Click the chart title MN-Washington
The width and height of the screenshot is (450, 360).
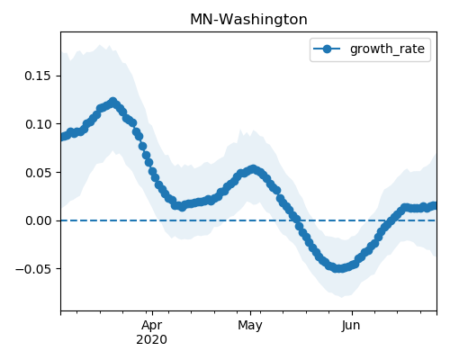tap(248, 20)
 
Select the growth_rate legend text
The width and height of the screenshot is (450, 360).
tap(387, 49)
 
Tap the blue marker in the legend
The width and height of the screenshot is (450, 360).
tap(327, 49)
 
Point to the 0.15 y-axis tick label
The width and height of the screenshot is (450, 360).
tap(38, 76)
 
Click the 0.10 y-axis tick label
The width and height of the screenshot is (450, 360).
tap(38, 124)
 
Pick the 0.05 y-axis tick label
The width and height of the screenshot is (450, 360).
tap(38, 173)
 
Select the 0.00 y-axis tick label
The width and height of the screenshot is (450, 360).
tap(38, 220)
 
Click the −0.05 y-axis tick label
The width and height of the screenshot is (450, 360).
tap(33, 269)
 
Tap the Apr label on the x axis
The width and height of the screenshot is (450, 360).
tap(152, 325)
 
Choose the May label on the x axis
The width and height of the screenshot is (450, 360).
tap(250, 325)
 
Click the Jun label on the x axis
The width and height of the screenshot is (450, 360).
tap(351, 325)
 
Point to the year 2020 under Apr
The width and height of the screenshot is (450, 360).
tap(152, 340)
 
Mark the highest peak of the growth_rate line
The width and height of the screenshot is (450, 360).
tap(112, 102)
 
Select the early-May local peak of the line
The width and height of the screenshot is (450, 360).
tap(254, 169)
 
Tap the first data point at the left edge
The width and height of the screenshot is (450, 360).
tap(62, 137)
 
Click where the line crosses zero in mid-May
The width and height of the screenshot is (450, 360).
tap(297, 220)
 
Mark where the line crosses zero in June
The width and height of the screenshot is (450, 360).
tap(387, 220)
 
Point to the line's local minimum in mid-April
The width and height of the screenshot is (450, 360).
tap(182, 207)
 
